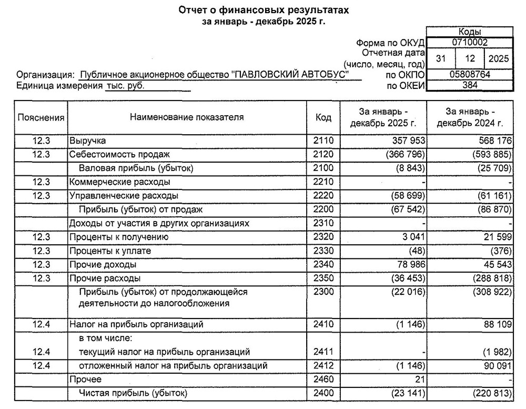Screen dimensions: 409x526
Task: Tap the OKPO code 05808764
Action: (x=469, y=75)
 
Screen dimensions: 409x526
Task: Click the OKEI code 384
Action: (x=469, y=85)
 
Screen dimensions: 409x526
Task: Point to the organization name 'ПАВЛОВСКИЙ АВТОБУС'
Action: (x=290, y=75)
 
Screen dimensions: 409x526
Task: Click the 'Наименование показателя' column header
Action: (x=187, y=117)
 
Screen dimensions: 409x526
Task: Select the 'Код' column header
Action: (x=323, y=117)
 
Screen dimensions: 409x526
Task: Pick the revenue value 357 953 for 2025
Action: (x=408, y=141)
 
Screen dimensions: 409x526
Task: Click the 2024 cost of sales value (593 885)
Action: (x=492, y=155)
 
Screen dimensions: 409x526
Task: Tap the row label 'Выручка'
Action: (x=88, y=141)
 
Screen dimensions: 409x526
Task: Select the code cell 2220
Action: (x=323, y=196)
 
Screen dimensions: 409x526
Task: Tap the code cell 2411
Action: (x=323, y=352)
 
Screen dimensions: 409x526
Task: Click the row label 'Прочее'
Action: (x=85, y=379)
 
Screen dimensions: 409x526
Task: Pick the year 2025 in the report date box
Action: (x=498, y=58)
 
